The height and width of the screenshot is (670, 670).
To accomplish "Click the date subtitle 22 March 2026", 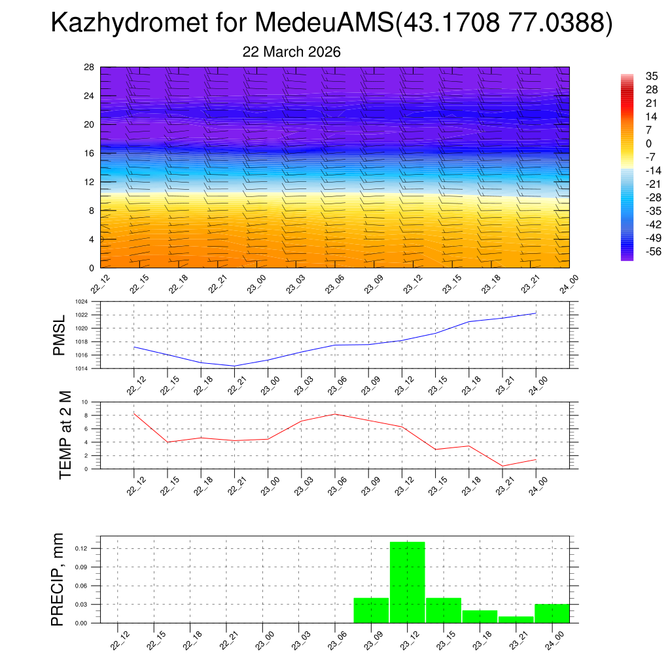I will pyautogui.click(x=291, y=52).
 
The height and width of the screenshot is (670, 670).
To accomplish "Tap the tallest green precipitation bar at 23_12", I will pyautogui.click(x=407, y=582).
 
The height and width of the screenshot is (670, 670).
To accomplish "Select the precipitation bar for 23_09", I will pyautogui.click(x=371, y=610).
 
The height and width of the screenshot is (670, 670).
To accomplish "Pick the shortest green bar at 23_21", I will pyautogui.click(x=516, y=620).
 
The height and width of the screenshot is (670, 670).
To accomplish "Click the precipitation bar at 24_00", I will pyautogui.click(x=552, y=614).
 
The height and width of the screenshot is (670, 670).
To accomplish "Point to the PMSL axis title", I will pyautogui.click(x=59, y=334).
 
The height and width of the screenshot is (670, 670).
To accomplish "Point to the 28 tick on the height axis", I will pyautogui.click(x=90, y=67).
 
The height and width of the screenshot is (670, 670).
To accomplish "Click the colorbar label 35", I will pyautogui.click(x=652, y=76).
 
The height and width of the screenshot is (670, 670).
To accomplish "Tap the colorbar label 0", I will pyautogui.click(x=648, y=143).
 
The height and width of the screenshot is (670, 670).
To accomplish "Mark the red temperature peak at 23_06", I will pyautogui.click(x=335, y=414).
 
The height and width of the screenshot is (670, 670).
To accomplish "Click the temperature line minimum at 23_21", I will pyautogui.click(x=502, y=466).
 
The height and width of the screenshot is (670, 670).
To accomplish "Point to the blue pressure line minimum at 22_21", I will pyautogui.click(x=234, y=366).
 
